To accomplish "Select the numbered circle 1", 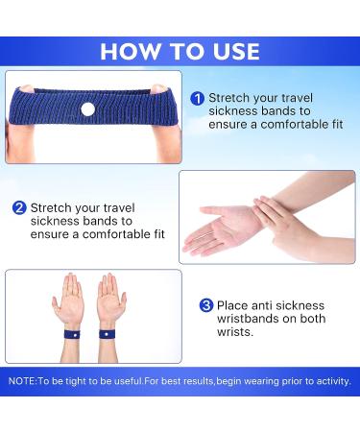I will coord(197,98).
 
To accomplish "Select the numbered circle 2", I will coord(19,207).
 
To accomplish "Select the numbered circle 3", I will coord(205,305).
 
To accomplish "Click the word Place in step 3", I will coord(236,305).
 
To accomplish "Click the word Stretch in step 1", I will coord(228,98).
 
